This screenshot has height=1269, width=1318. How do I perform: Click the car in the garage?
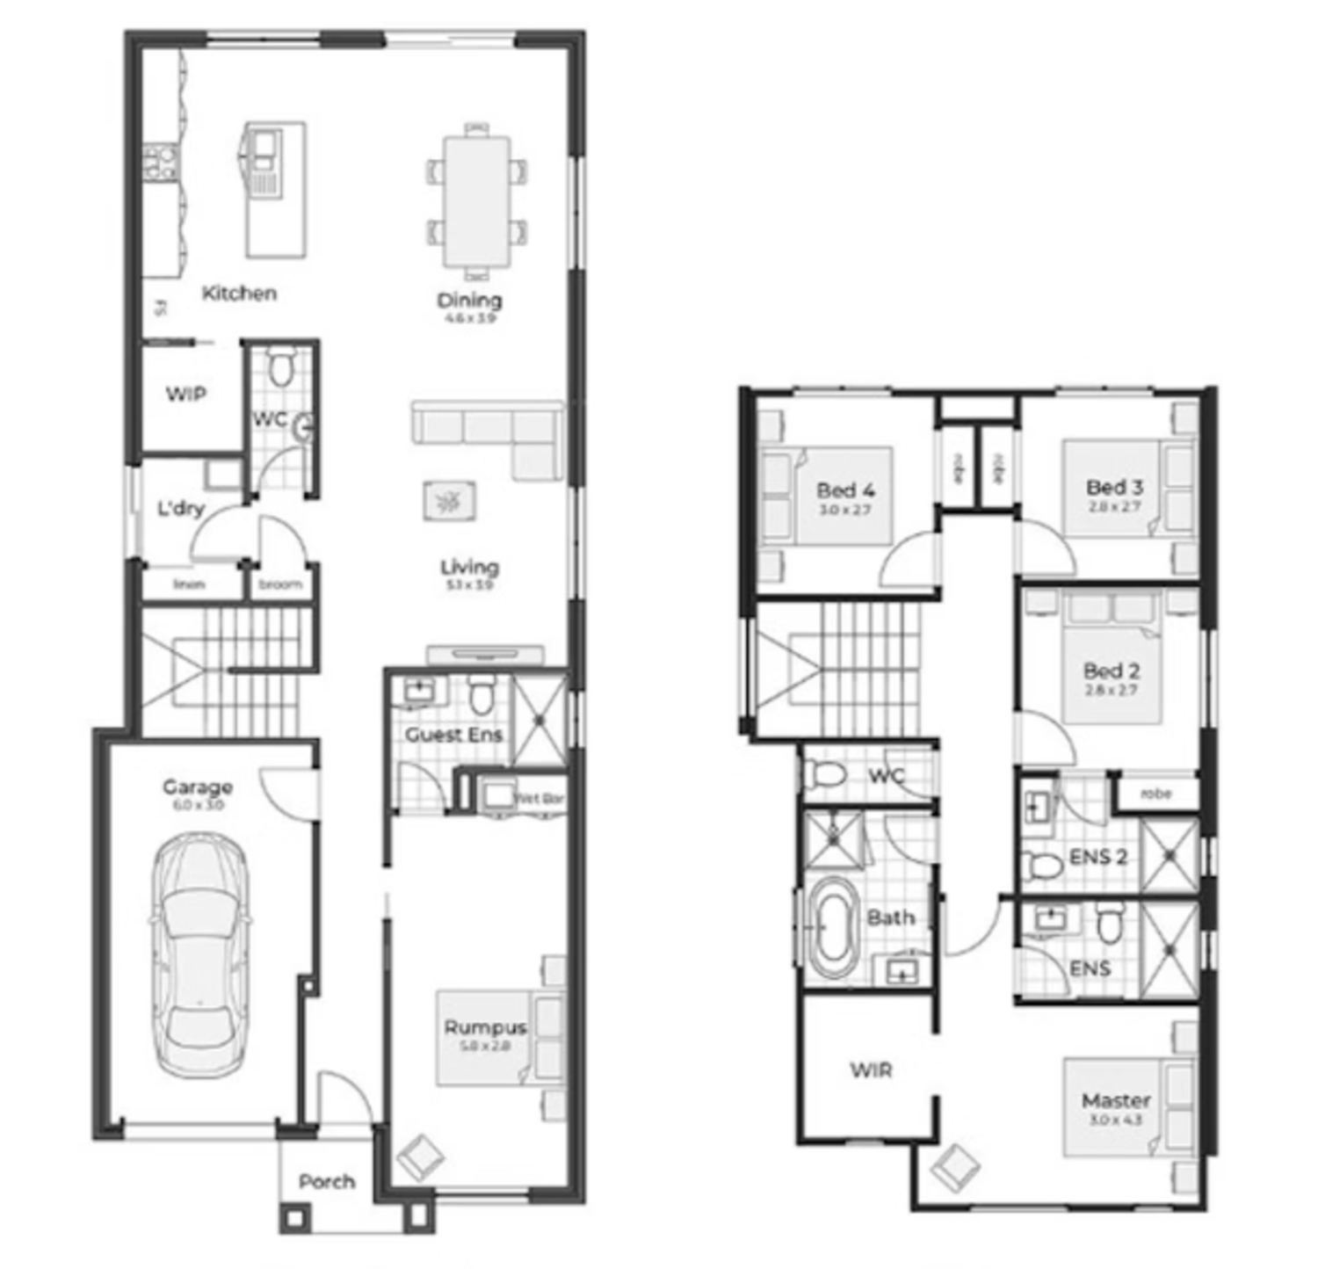tap(199, 955)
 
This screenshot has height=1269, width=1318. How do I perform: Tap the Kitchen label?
tap(239, 294)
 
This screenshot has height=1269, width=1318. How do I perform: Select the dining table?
tap(477, 200)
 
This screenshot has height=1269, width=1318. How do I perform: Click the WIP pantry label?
tap(186, 395)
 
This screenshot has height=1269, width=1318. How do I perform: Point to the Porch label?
tap(327, 1182)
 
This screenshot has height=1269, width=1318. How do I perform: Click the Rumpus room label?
tap(485, 1027)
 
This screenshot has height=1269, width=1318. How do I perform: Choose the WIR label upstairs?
tap(871, 1070)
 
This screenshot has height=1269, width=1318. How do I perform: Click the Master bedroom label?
tap(1116, 1100)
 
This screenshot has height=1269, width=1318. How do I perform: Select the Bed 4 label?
tap(845, 490)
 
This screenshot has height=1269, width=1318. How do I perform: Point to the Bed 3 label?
tap(1114, 487)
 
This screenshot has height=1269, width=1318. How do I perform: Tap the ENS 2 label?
tap(1097, 857)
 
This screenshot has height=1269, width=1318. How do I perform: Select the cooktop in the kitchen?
tap(162, 163)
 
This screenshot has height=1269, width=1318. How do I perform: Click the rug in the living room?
tap(450, 501)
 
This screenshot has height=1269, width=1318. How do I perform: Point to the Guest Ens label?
tap(453, 735)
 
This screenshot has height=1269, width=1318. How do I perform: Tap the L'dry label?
tap(180, 509)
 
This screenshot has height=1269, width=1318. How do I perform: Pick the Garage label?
tap(198, 787)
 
